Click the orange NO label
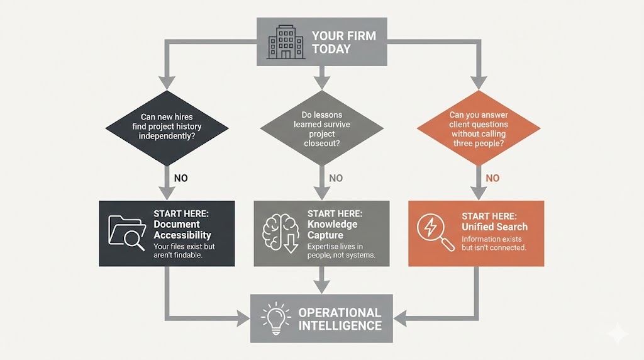click(492, 178)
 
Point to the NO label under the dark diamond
click(181, 178)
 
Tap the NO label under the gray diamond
click(336, 178)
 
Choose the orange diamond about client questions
click(479, 128)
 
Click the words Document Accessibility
click(182, 230)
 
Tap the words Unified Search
click(494, 227)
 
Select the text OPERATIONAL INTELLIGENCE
click(340, 319)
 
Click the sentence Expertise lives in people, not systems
click(340, 250)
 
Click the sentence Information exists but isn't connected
click(494, 243)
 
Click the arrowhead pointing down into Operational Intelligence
click(321, 287)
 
